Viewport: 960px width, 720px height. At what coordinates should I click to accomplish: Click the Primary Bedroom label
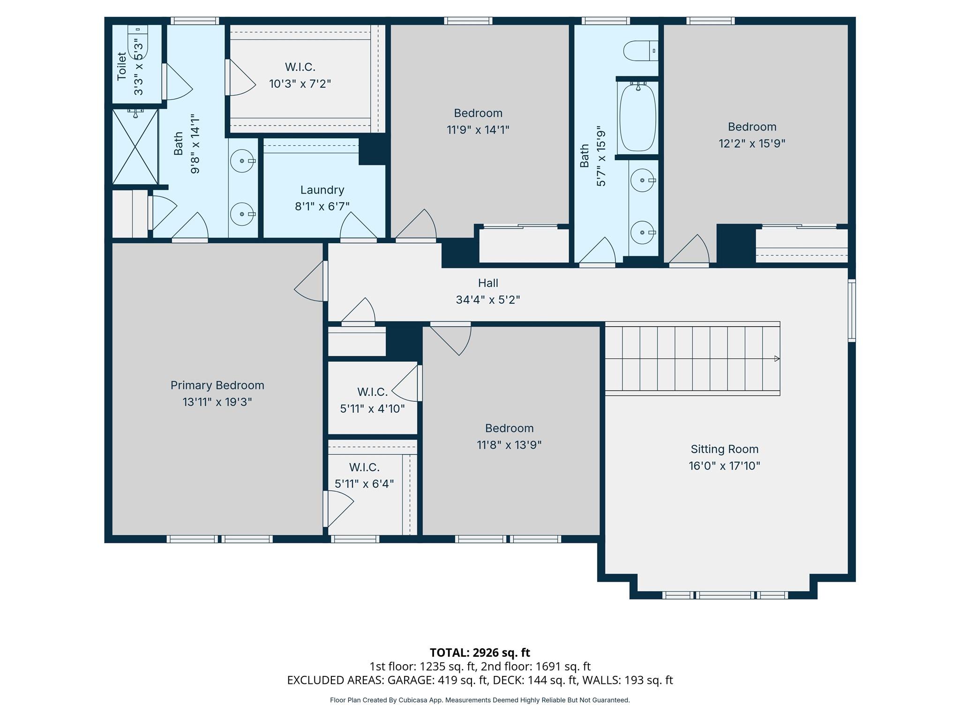[217, 385]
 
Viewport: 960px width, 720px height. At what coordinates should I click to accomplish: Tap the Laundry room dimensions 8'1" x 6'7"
[322, 206]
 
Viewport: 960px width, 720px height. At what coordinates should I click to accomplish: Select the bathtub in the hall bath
[637, 117]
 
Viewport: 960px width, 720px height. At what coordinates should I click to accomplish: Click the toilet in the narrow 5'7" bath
[640, 51]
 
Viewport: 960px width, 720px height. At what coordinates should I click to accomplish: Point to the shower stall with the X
[135, 147]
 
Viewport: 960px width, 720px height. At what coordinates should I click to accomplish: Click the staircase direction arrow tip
[778, 359]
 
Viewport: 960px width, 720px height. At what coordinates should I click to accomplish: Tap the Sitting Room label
[724, 449]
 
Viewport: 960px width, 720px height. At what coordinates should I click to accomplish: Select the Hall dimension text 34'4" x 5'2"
[488, 300]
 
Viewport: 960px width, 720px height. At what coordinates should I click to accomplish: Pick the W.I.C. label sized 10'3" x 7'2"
[300, 67]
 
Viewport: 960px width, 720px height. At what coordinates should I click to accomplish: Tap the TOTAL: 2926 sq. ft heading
[480, 652]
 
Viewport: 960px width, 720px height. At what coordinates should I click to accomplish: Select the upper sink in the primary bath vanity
[242, 161]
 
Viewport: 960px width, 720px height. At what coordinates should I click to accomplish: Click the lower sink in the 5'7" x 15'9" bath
[642, 232]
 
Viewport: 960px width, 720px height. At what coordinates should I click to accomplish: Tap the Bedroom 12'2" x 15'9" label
[752, 127]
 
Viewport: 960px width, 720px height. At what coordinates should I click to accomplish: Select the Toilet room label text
[122, 67]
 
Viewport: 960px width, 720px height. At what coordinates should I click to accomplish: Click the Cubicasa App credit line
[480, 700]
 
